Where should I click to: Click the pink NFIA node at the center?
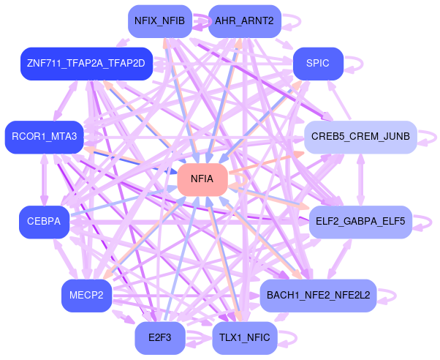tap(202, 179)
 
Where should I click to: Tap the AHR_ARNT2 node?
tap(244, 21)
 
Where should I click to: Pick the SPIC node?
tap(318, 63)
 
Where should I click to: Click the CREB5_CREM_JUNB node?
tap(360, 137)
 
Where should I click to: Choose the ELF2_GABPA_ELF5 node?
tap(360, 221)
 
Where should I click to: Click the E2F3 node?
tap(160, 337)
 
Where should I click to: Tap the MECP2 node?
tap(86, 295)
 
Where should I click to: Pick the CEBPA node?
tap(44, 221)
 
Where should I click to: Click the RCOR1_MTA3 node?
tap(45, 137)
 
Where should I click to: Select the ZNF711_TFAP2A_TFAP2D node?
tap(86, 63)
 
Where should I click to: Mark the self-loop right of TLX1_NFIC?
tap(289, 337)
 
